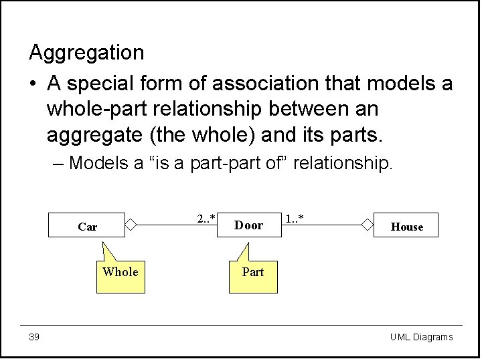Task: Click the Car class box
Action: pyautogui.click(x=87, y=225)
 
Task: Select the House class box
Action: pyautogui.click(x=407, y=226)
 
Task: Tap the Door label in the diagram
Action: pyautogui.click(x=248, y=225)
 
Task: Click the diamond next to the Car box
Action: pyautogui.click(x=131, y=225)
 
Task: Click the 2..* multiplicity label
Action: pyautogui.click(x=206, y=219)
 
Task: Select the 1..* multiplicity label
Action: pyautogui.click(x=295, y=219)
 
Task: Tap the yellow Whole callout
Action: pyautogui.click(x=120, y=274)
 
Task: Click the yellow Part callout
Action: pyautogui.click(x=252, y=274)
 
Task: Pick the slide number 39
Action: pyautogui.click(x=34, y=337)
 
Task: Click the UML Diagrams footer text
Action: pyautogui.click(x=421, y=337)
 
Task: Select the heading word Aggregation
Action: pyautogui.click(x=86, y=52)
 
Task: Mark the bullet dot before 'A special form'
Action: pyautogui.click(x=33, y=84)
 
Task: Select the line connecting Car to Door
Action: pyautogui.click(x=174, y=225)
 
